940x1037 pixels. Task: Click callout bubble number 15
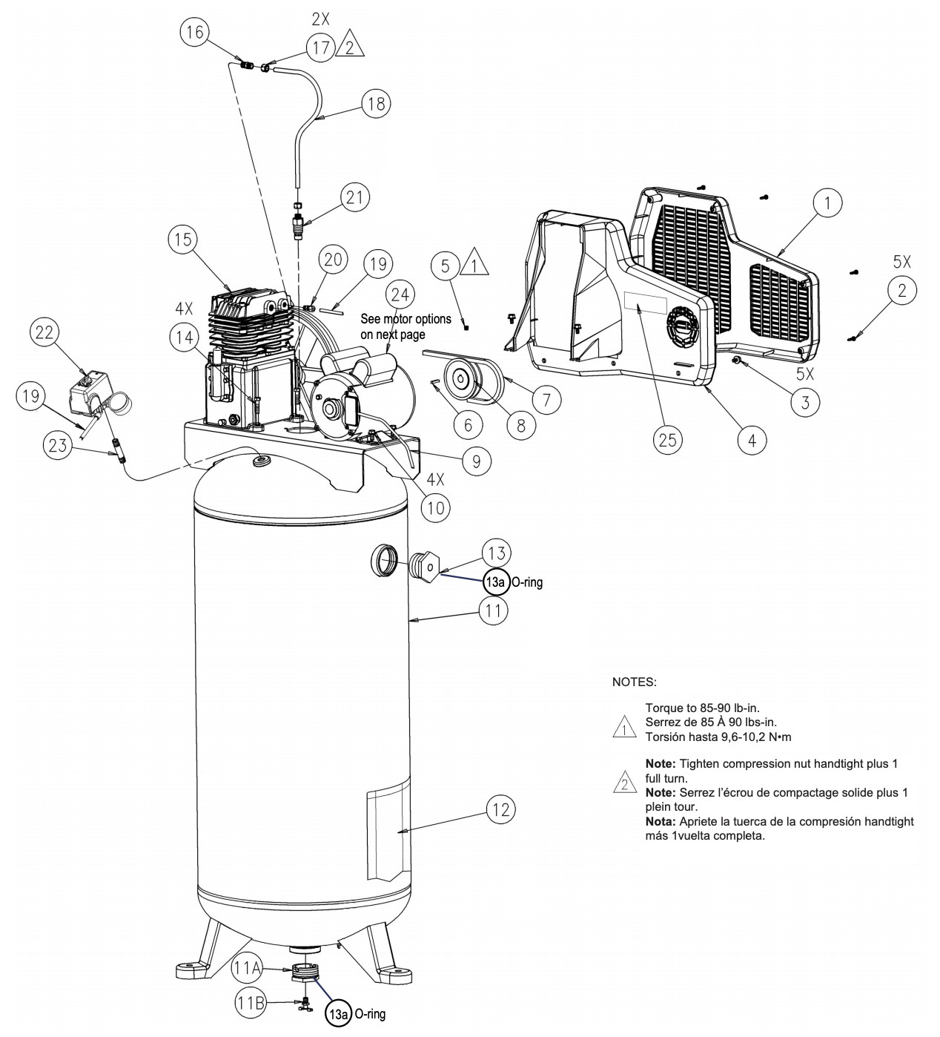(183, 240)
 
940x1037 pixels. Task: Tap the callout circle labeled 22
(44, 332)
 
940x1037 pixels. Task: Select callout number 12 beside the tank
(500, 809)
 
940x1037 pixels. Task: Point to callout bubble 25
(668, 440)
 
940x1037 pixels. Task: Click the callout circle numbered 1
(827, 203)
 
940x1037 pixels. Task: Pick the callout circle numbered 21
(355, 197)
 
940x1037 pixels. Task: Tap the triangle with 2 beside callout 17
(350, 47)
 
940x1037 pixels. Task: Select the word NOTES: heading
(634, 682)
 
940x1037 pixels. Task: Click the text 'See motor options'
(406, 318)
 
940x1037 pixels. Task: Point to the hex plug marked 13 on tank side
(426, 569)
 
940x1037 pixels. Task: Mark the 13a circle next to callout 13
(496, 582)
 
